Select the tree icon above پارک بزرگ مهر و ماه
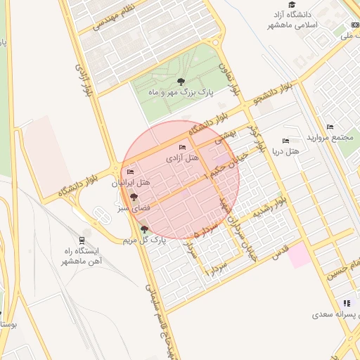181,82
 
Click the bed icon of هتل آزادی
183,148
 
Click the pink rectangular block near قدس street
299,254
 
